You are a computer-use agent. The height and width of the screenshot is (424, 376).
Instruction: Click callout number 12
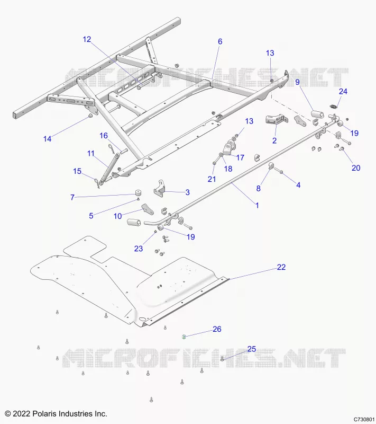point(87,39)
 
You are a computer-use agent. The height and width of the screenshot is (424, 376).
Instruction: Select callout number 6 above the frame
point(220,41)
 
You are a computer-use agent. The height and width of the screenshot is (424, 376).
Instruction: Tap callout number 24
point(343,91)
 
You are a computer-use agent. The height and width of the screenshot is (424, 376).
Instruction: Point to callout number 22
point(281,267)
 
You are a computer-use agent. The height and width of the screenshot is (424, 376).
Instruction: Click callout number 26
point(217,329)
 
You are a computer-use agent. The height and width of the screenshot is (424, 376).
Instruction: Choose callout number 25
point(251,349)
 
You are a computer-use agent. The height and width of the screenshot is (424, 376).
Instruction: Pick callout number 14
point(47,139)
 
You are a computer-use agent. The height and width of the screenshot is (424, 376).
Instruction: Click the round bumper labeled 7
point(139,193)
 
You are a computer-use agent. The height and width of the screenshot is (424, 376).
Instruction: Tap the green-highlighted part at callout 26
point(184,337)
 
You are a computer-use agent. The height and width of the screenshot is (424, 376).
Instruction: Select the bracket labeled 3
point(160,188)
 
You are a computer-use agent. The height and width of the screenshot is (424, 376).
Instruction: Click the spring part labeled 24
point(334,106)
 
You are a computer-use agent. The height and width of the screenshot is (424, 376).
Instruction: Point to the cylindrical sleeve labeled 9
point(317,114)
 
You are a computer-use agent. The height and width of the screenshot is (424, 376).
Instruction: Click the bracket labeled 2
point(276,120)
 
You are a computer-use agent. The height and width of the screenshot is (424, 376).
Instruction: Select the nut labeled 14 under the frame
point(90,116)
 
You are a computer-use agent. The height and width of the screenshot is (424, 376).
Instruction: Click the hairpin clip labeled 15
point(97,183)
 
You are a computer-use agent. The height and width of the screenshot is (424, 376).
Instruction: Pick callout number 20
point(356,168)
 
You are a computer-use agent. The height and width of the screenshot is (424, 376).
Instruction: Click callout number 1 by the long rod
point(257,205)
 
